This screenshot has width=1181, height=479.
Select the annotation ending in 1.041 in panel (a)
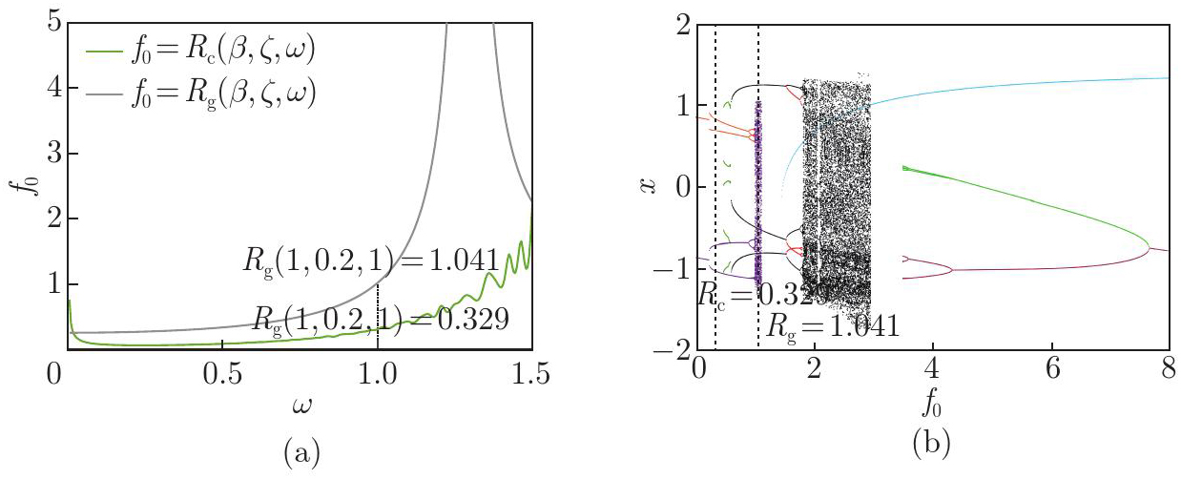click(381, 260)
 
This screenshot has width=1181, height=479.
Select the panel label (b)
click(931, 444)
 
